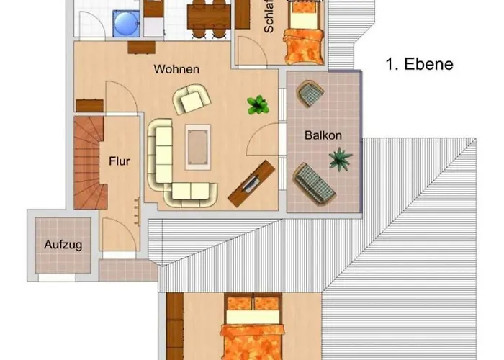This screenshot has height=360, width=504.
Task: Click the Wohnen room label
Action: tap(176, 70)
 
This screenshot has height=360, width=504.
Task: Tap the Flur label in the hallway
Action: tap(120, 161)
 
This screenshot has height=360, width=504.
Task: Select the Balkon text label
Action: tap(323, 135)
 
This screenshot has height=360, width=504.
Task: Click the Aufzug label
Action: tap(63, 245)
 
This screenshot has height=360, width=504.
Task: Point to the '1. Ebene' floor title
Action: tap(420, 64)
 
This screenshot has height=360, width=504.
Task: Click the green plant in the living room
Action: tap(257, 105)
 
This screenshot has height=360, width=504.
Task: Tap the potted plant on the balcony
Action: tap(339, 158)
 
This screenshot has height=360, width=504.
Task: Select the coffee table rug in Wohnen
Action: tap(197, 146)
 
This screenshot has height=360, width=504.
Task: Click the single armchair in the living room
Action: tap(192, 99)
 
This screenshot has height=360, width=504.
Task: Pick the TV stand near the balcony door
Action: tap(252, 180)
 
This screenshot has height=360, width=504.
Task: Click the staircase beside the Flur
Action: tap(89, 163)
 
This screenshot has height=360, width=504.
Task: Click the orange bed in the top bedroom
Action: tap(302, 40)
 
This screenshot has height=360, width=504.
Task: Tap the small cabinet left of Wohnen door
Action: tap(90, 105)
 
